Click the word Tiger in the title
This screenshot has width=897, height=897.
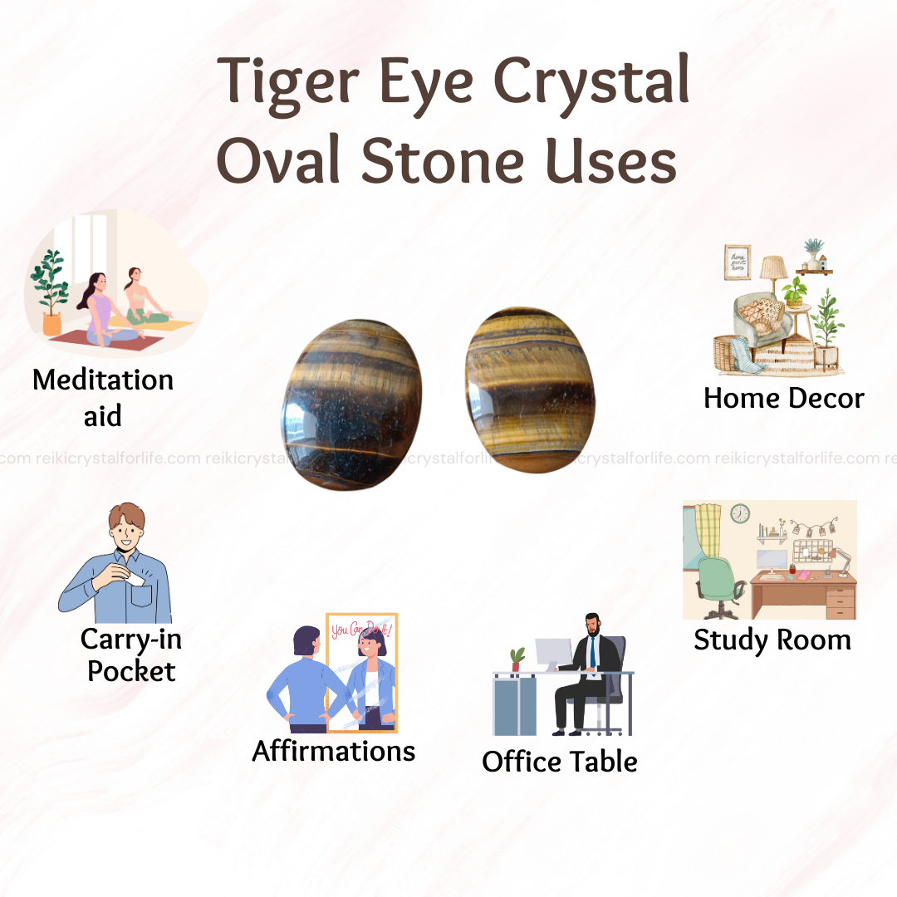click(289, 84)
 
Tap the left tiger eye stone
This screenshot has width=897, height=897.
click(352, 404)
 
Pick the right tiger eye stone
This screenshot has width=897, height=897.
click(530, 390)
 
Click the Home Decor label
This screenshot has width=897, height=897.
click(784, 398)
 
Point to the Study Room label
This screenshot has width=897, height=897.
click(772, 640)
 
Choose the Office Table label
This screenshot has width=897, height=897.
click(560, 762)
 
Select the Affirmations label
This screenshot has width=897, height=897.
click(334, 751)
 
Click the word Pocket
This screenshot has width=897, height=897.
click(131, 671)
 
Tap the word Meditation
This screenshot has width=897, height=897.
click(103, 380)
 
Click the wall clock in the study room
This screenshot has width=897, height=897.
click(740, 514)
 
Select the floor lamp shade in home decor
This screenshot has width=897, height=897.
click(773, 267)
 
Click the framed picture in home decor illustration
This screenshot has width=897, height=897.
click(738, 262)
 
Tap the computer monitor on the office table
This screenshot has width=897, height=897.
click(554, 653)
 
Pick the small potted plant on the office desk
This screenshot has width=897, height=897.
click(517, 659)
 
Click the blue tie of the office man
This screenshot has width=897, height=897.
click(593, 654)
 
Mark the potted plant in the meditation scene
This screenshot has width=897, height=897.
click(51, 292)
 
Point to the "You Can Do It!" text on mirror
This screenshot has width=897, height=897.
click(361, 630)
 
